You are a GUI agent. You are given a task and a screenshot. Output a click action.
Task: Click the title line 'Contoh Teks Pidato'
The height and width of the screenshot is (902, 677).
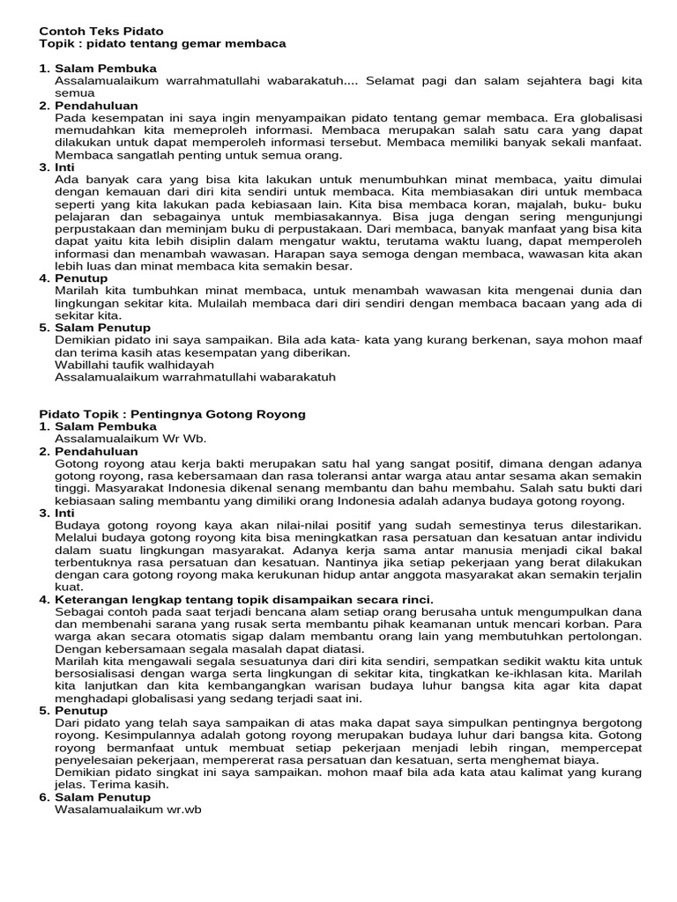[x=101, y=31]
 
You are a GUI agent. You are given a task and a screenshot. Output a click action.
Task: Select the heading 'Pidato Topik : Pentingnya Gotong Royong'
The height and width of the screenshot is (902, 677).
[x=173, y=413]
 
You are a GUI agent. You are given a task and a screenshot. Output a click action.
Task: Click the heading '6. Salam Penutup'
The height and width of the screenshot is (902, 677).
[x=94, y=797]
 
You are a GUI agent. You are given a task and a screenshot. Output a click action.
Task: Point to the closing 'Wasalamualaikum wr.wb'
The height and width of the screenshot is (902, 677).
[x=129, y=810]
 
